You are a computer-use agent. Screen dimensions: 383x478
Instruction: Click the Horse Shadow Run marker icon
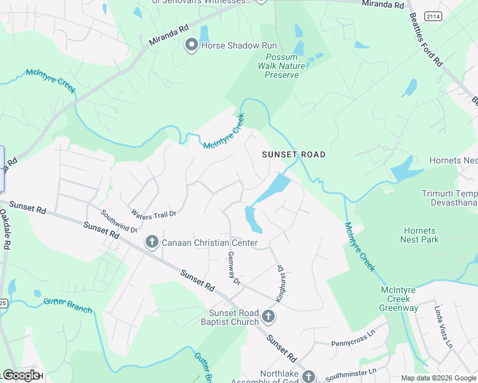[191, 45]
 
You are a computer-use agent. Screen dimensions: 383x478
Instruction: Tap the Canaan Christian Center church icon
[152, 243]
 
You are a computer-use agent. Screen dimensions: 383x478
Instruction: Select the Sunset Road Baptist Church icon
[269, 316]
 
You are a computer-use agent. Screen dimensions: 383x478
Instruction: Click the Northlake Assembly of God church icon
[309, 377]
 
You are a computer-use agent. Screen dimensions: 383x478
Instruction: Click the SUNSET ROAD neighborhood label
[294, 154]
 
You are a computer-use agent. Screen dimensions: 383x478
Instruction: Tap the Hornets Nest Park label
[420, 235]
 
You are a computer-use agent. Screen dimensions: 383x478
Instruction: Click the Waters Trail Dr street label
[153, 213]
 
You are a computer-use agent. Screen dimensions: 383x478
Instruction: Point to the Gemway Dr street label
[233, 268]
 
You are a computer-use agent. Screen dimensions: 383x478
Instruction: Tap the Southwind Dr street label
[119, 221]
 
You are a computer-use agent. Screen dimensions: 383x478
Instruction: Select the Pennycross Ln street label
[351, 340]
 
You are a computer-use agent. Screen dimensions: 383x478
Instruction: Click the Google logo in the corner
[21, 375]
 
